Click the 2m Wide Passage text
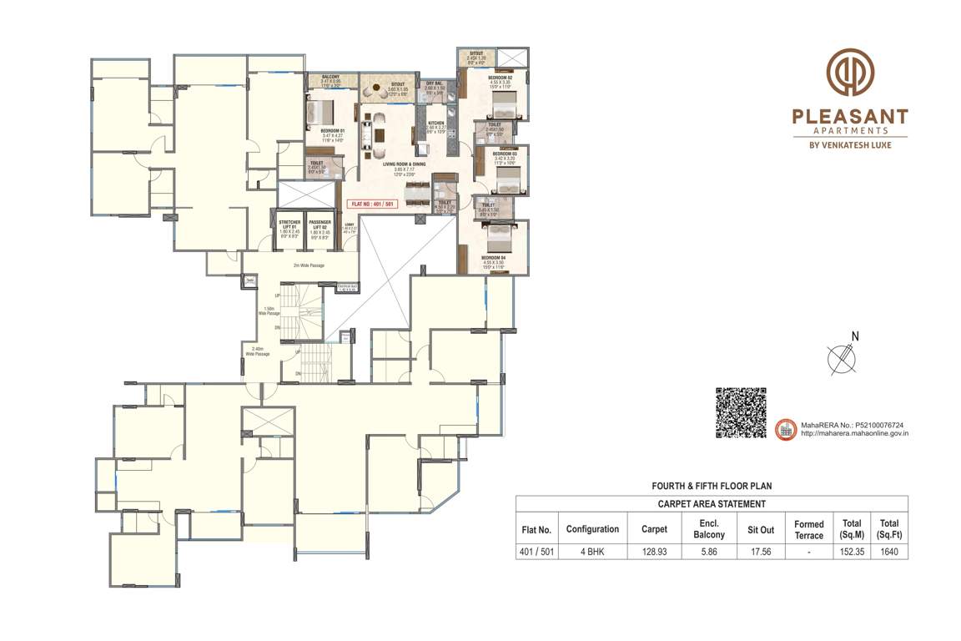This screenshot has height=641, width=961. [308, 265]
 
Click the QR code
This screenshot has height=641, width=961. [741, 412]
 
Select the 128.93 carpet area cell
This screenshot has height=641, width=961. [654, 552]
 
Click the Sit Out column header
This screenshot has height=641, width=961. [760, 529]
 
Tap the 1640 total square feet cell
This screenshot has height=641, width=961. [889, 552]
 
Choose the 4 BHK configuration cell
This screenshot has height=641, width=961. [592, 552]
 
